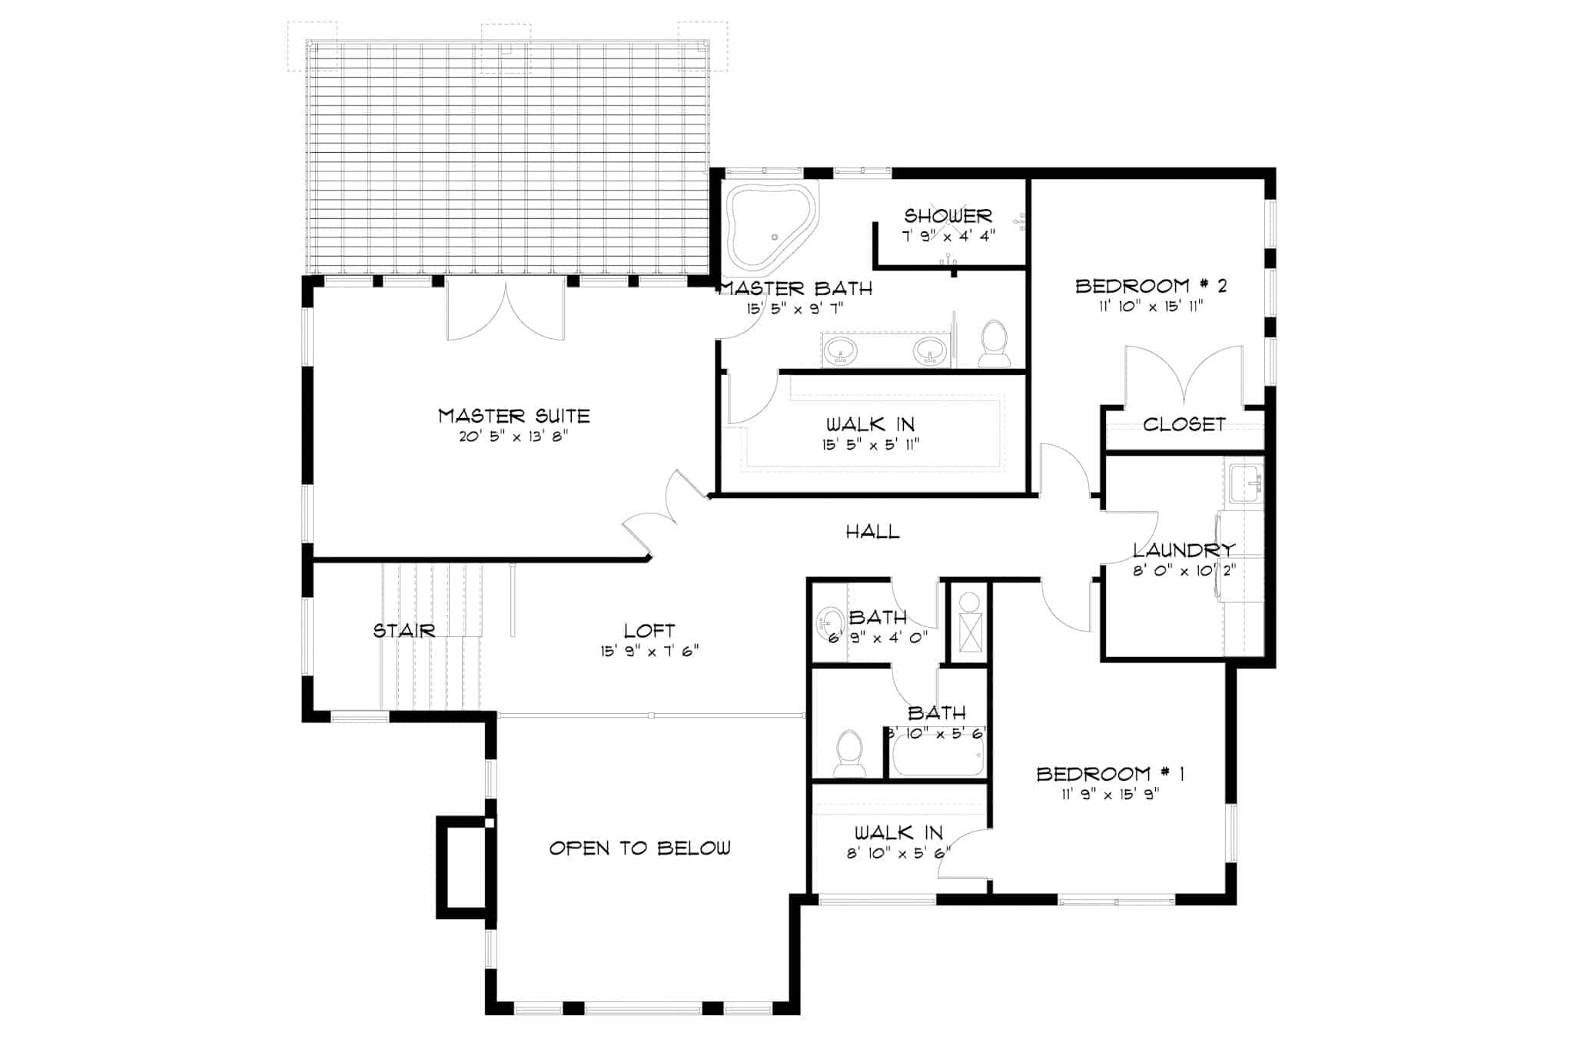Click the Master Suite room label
tap(513, 416)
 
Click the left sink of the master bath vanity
tap(840, 351)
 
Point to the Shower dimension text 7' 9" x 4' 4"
tap(948, 236)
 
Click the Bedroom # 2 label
tap(1151, 286)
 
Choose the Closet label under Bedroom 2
tap(1184, 424)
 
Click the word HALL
tap(872, 531)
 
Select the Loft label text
tap(649, 631)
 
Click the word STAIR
tap(404, 631)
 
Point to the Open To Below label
tap(639, 848)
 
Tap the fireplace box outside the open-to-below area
tap(462, 868)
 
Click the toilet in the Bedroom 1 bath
tap(849, 752)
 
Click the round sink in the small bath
tap(830, 622)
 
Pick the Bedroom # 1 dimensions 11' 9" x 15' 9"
tap(1110, 795)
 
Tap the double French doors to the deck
tap(506, 310)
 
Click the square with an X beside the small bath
tap(971, 632)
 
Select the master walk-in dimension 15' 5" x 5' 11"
tap(871, 444)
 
